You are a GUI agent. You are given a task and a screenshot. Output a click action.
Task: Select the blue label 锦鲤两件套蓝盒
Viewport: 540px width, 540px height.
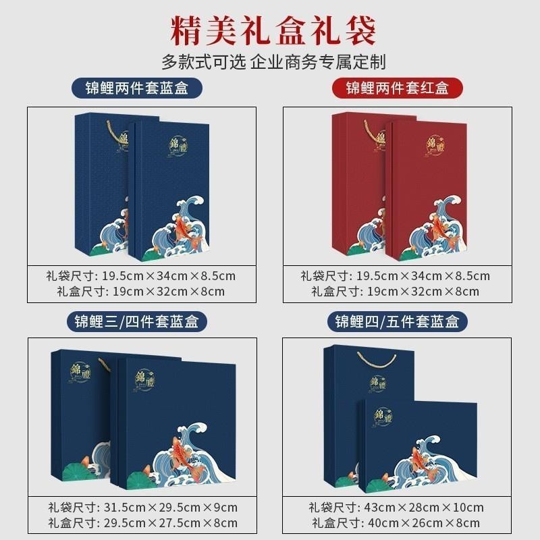(140, 88)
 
